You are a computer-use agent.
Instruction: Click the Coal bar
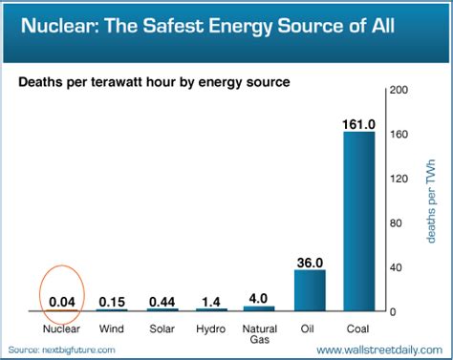(360, 221)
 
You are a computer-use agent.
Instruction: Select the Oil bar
(311, 290)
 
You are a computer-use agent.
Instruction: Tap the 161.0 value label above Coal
(360, 123)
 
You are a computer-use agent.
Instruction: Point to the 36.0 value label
(311, 262)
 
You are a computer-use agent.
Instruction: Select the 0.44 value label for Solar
(162, 302)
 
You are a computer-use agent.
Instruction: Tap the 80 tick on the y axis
(402, 223)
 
